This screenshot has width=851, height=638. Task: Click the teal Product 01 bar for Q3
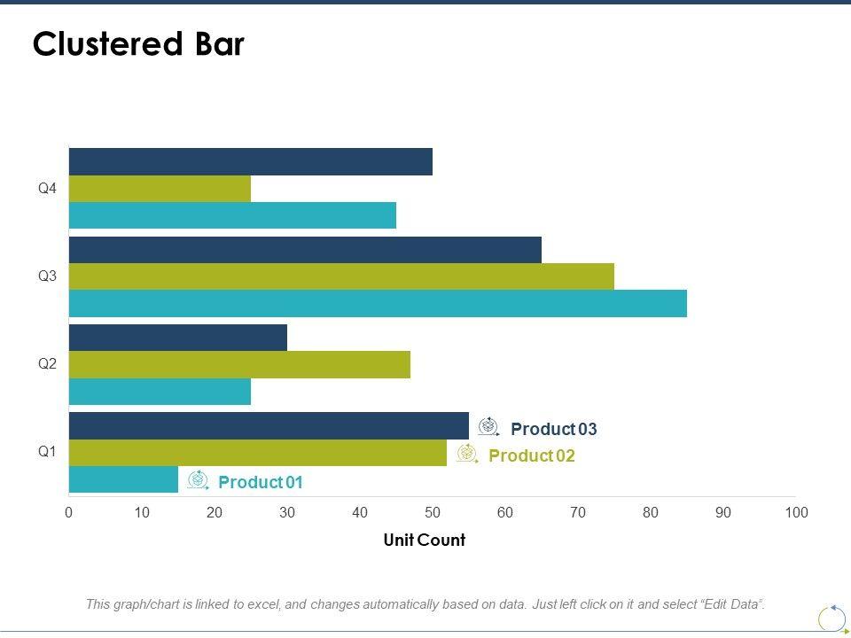tap(378, 303)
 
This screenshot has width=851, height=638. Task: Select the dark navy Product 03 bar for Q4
tap(251, 161)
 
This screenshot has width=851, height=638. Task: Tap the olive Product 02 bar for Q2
tap(239, 364)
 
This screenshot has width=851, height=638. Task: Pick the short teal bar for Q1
tap(123, 479)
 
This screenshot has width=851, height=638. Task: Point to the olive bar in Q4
tap(160, 189)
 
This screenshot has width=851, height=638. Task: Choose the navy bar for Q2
tap(178, 338)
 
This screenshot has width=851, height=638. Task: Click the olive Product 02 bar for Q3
tap(341, 276)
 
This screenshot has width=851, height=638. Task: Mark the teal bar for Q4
tap(232, 215)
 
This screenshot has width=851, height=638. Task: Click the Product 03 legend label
tap(554, 430)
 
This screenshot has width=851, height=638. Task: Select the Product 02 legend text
tap(532, 456)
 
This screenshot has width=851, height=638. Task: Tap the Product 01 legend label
tap(261, 483)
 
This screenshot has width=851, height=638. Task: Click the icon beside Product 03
tap(488, 427)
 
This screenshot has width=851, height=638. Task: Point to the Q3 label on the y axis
tap(47, 276)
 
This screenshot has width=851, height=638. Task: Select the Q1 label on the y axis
tap(47, 452)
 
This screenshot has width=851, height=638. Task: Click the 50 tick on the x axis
tap(433, 512)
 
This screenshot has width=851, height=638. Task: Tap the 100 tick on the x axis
tap(796, 512)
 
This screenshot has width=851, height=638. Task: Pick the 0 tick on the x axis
tap(69, 512)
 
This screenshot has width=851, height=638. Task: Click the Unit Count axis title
tap(424, 540)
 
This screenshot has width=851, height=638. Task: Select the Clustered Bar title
tap(138, 45)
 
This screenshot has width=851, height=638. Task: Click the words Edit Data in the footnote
tap(730, 604)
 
